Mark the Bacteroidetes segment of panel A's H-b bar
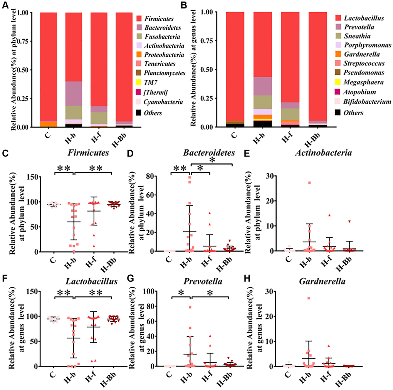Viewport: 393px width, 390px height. pyautogui.click(x=74, y=94)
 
